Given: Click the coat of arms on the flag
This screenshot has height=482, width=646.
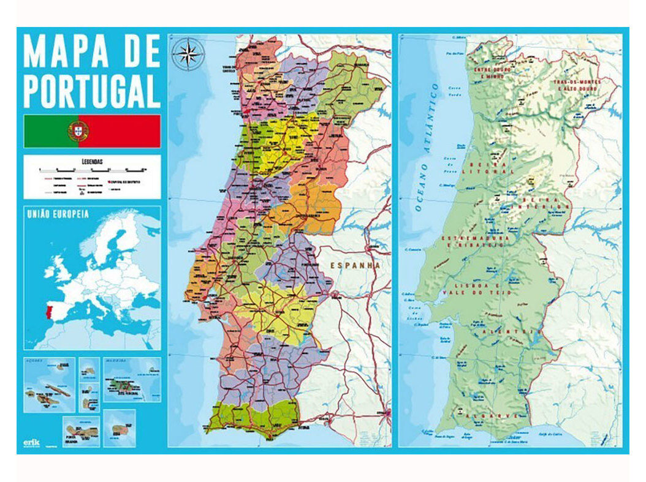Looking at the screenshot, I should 78,131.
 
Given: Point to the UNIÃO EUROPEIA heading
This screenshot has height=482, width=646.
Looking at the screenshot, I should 57,214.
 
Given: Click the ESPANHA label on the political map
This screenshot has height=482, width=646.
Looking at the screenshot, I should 355,266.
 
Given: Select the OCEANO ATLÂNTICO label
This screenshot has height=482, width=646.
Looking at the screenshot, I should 427,147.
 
